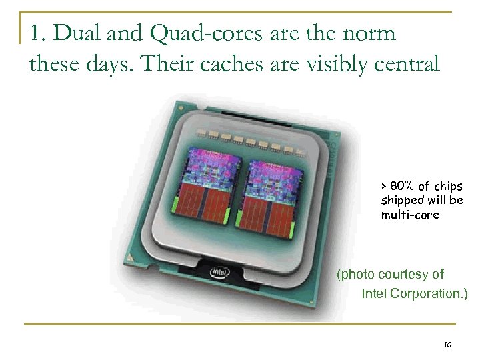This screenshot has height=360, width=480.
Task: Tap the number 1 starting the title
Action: (x=35, y=32)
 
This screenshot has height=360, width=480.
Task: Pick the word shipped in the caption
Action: (x=400, y=199)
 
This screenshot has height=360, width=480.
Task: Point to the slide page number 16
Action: (x=446, y=344)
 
